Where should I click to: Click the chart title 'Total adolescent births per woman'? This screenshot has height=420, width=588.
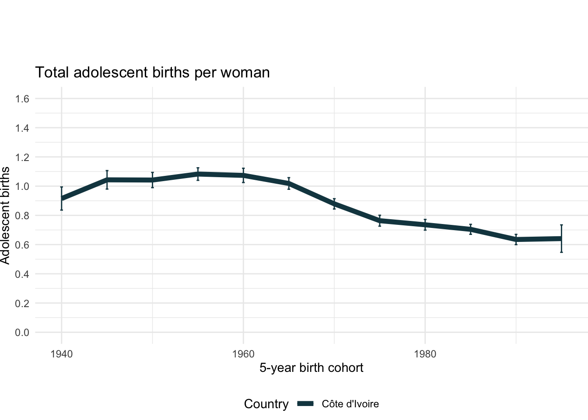(152, 72)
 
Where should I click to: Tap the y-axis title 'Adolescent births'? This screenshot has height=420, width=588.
(5, 215)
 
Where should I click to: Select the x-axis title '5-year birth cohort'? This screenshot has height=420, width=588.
(311, 367)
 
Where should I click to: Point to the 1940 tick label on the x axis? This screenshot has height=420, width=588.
(61, 354)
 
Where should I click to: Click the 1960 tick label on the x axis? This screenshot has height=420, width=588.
(243, 354)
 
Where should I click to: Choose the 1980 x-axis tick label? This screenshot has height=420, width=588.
(425, 354)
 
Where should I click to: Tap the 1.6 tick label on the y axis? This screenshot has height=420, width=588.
(22, 99)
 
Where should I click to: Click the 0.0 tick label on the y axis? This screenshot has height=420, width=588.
(22, 332)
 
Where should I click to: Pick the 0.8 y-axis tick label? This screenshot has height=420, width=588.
(22, 216)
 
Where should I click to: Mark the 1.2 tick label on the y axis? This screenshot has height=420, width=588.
(22, 157)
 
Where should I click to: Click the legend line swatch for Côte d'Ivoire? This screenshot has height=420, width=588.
(306, 404)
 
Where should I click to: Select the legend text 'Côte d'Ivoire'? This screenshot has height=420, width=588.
(350, 404)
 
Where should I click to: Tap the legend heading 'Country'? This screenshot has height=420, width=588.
(266, 404)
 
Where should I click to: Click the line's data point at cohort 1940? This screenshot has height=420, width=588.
(62, 199)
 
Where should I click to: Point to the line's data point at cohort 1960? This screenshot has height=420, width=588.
(243, 175)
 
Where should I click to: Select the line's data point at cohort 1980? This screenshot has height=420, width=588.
(425, 225)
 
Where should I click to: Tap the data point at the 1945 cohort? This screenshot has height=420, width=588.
(107, 180)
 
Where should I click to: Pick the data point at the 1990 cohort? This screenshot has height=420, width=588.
(516, 239)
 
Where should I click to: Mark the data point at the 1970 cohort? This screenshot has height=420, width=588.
(334, 204)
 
